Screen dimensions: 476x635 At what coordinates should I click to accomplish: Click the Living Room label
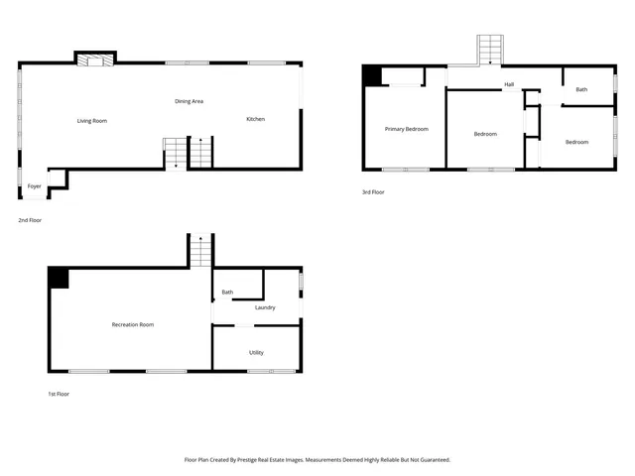[92, 121]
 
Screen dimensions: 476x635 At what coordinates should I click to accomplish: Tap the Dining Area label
[190, 101]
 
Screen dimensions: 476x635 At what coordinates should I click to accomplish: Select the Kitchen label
[256, 119]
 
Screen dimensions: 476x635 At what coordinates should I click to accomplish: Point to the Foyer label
[35, 186]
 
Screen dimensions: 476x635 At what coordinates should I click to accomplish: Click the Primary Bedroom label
[407, 129]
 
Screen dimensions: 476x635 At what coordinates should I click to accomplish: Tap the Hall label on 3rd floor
[509, 84]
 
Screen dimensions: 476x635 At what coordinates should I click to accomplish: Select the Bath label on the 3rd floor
[581, 90]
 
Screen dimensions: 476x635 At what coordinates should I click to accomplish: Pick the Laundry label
[265, 307]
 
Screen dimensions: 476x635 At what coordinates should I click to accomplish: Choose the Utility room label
[256, 352]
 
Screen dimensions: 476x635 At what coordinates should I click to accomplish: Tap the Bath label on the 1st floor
[227, 292]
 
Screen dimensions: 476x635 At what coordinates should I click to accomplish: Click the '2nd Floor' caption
[30, 220]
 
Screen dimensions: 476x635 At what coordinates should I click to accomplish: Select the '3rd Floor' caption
[373, 192]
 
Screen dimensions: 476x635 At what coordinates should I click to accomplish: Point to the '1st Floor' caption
[59, 394]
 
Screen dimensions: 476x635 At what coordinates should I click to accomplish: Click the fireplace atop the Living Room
[96, 59]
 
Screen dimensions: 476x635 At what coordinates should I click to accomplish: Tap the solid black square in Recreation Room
[59, 279]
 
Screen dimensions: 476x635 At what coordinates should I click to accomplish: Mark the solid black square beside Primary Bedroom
[372, 76]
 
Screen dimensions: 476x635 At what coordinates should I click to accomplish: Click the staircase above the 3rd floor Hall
[491, 51]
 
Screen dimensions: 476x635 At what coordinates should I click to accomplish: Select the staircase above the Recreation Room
[201, 251]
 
